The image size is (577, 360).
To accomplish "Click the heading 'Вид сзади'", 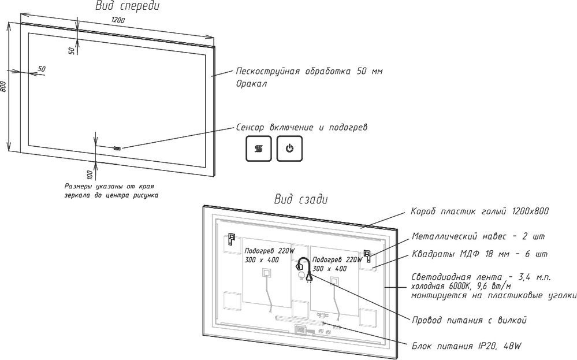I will coord(300,200).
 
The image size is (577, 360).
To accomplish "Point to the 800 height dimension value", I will coord(4,87).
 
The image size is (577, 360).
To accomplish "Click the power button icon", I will coord(289,149).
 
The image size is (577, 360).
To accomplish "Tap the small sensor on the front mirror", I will coord(118,149).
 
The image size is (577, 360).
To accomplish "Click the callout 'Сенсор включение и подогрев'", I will coord(301,127).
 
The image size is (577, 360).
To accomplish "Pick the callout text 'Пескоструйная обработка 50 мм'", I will coord(309,72).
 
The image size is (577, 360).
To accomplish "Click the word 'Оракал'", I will coord(251,84).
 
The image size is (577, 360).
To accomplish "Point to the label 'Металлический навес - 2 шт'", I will coord(479,236).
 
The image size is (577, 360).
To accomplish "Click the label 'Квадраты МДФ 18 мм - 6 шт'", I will coord(479,254).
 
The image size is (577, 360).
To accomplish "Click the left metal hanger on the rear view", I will coord(232,239).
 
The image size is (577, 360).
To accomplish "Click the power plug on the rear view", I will coord(310,277).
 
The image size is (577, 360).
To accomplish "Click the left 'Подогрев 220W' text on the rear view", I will coord(269,251).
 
